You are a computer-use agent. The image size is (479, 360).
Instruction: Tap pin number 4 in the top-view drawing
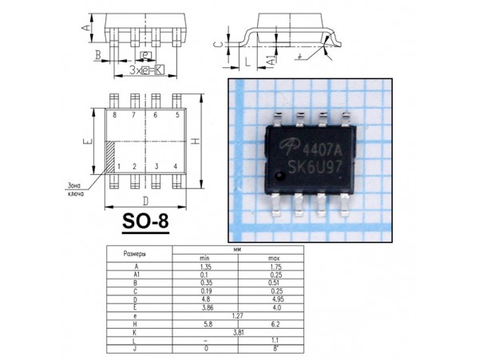tap(175, 166)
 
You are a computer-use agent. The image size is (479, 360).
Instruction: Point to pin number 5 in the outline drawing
tap(176, 116)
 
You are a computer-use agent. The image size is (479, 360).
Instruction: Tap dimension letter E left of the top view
tap(85, 140)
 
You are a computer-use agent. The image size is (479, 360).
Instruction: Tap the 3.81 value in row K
tap(238, 331)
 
